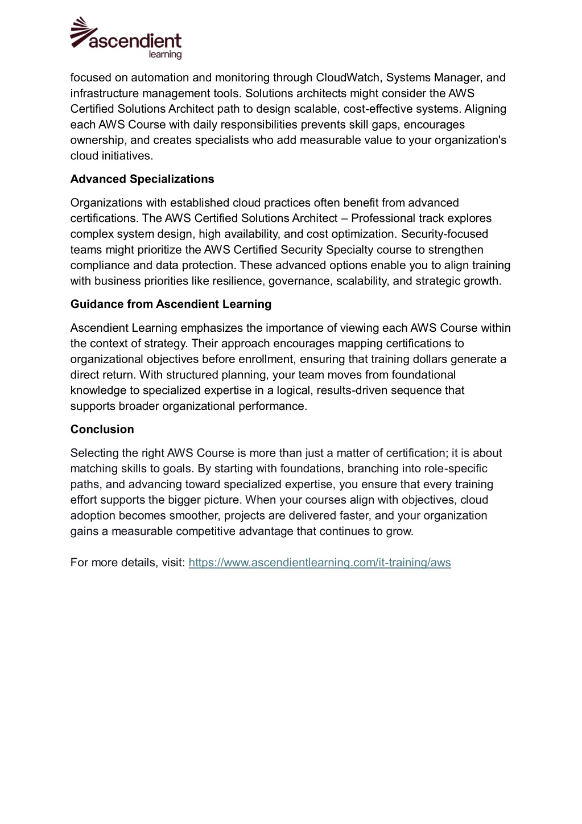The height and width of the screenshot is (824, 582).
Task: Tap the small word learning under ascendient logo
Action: [x=165, y=55]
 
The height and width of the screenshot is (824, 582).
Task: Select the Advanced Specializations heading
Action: [x=142, y=179]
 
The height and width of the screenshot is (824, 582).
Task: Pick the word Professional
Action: [x=383, y=218]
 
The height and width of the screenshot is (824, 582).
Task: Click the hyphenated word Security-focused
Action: [x=444, y=234]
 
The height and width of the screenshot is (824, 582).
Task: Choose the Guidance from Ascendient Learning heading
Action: [x=171, y=304]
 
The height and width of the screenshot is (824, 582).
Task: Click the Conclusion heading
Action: [x=102, y=429]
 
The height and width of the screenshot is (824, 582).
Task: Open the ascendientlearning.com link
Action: [x=320, y=562]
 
